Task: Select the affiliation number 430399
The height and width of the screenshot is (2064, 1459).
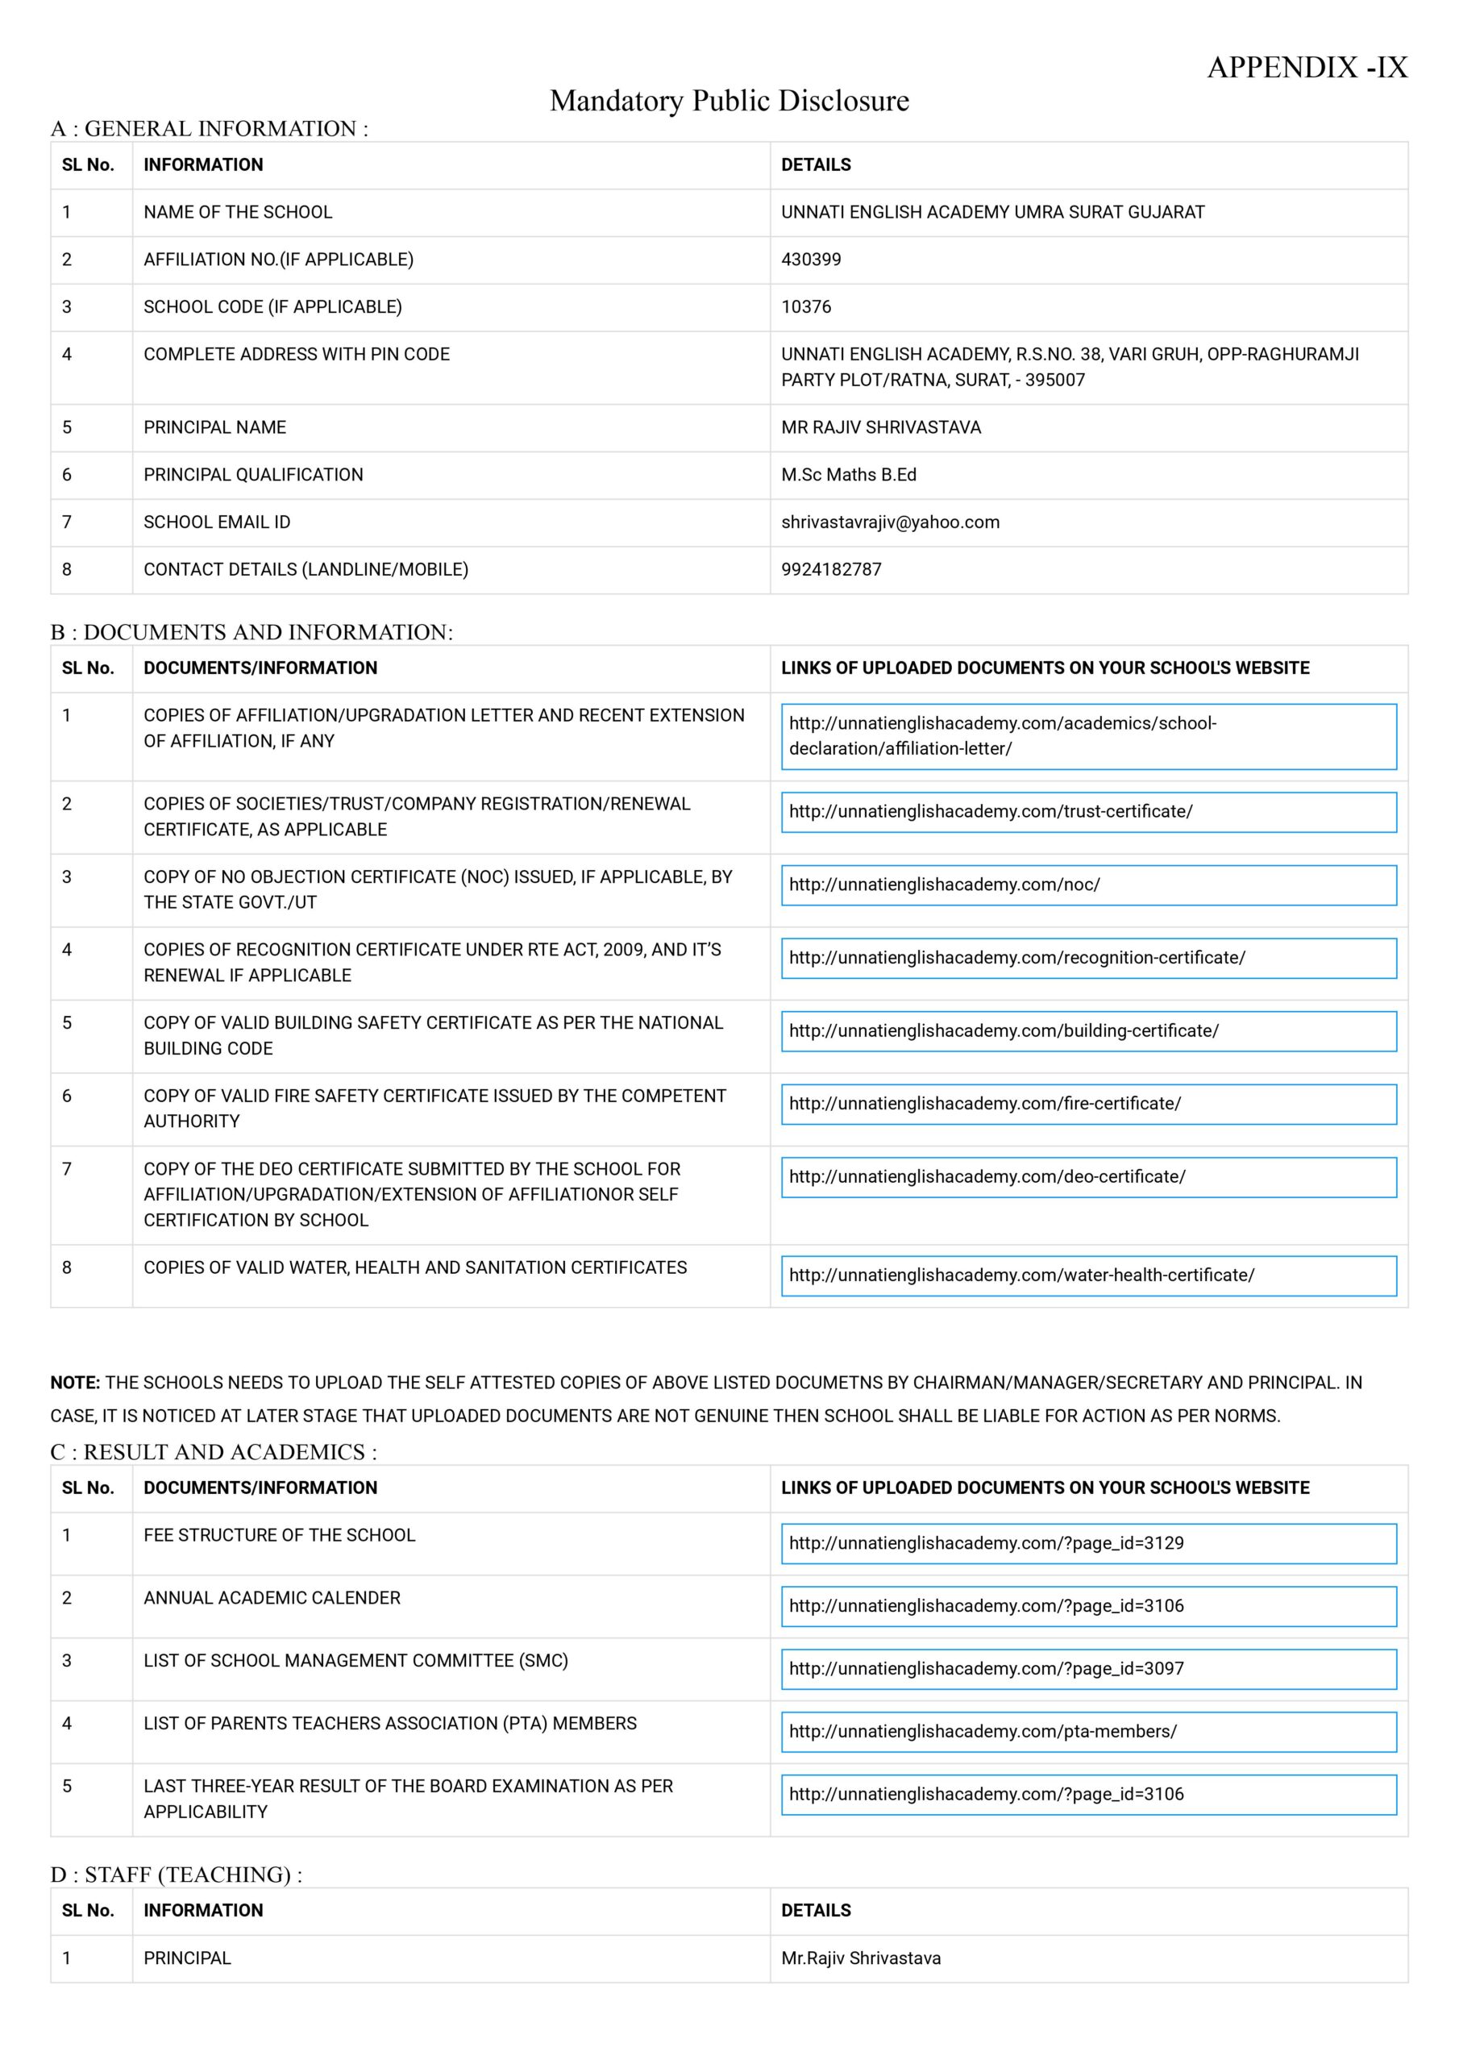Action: [x=811, y=260]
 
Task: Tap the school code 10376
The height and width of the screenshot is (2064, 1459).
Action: [x=805, y=306]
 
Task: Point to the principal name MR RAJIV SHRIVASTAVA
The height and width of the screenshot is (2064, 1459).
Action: [x=881, y=428]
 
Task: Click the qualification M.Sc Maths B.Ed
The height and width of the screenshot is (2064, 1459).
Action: [x=849, y=475]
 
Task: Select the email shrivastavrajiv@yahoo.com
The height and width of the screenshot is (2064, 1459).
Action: [x=890, y=522]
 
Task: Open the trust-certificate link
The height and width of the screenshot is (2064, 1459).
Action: [x=991, y=812]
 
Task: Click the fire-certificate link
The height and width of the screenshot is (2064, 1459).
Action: [x=984, y=1104]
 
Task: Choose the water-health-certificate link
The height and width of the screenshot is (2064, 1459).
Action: [x=1021, y=1275]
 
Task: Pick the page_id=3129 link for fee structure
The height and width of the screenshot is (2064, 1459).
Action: [x=986, y=1543]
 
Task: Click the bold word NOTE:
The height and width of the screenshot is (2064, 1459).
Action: [x=75, y=1384]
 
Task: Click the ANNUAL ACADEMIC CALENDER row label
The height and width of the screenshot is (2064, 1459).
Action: [x=272, y=1597]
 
